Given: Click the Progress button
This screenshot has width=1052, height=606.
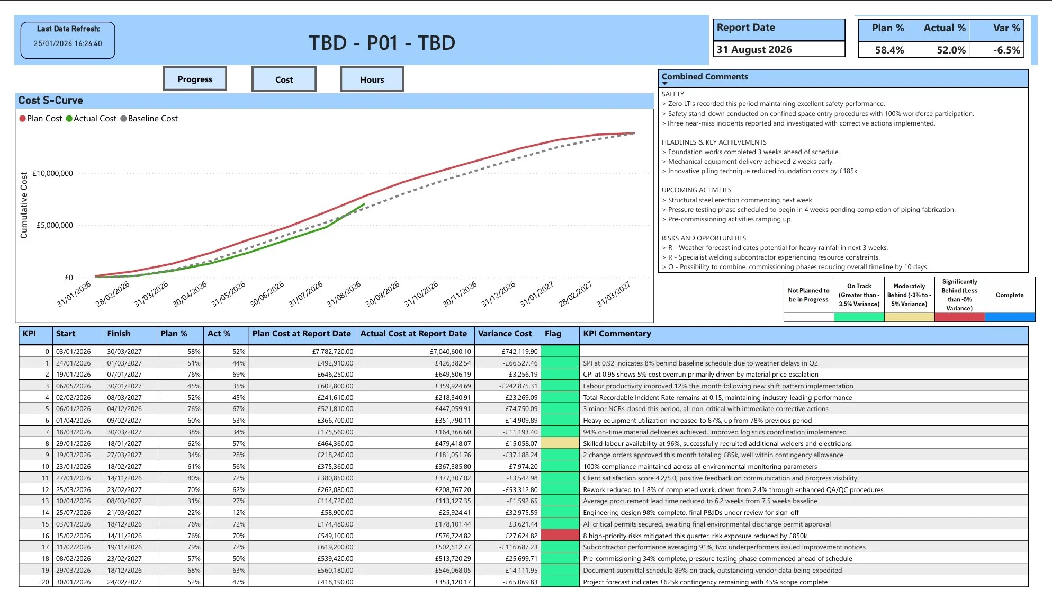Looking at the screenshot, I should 195,79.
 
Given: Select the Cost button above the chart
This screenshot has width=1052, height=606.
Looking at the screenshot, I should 284,79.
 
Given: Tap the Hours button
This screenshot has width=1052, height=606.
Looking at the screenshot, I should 372,79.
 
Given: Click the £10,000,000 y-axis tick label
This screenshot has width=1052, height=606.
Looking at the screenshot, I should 53,173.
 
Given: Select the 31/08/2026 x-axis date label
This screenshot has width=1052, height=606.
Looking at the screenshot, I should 344,293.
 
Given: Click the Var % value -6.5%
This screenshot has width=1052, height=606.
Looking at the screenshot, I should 1006,50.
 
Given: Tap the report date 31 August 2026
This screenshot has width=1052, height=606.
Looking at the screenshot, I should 754,49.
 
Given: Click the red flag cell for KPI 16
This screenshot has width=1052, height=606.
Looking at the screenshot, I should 560,536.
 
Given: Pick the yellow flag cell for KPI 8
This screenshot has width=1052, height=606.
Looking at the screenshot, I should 560,443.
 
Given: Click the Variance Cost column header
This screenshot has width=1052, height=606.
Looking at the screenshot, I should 505,334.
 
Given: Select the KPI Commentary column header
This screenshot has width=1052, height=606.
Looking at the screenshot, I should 617,334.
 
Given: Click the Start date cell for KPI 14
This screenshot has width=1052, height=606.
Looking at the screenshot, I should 74,512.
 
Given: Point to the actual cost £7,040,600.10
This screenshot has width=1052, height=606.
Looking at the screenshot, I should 450,351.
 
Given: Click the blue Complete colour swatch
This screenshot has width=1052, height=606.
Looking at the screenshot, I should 1010,317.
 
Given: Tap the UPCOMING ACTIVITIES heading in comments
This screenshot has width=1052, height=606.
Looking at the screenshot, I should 696,190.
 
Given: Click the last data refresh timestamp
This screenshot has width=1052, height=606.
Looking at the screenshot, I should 68,43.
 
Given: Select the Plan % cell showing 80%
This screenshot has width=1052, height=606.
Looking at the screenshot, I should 194,478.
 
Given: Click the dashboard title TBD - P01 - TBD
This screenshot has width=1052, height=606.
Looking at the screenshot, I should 382,43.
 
